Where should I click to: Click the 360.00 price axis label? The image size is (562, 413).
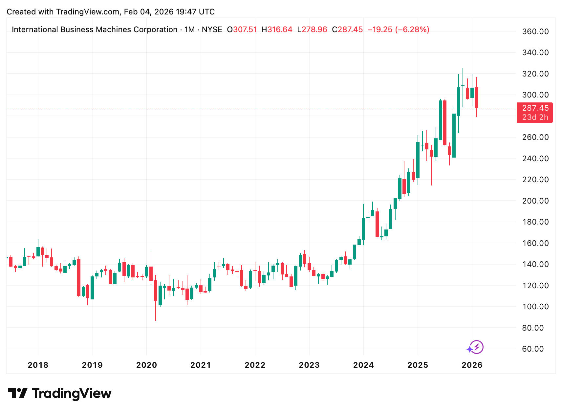point(535,32)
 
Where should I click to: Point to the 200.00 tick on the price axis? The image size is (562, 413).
point(535,201)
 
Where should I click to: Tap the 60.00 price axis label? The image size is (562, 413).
point(533,349)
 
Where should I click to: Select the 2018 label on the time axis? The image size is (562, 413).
point(38,365)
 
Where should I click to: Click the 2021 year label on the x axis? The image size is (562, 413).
point(201,365)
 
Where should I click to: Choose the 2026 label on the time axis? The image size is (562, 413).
point(472,365)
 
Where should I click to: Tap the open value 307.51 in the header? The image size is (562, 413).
point(245,30)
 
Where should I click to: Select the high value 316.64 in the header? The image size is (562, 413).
point(280,30)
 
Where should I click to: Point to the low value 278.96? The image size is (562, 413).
point(314,30)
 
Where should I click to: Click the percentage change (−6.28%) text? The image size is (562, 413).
point(412,30)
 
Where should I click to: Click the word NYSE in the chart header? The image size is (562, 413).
point(212,30)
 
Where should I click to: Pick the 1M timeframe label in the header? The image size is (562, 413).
point(189,30)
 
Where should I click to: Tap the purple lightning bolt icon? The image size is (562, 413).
point(476,347)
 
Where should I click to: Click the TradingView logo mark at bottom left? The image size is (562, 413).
point(17,393)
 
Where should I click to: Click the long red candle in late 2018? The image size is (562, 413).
point(79,277)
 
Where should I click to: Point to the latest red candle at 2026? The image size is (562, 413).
point(477,98)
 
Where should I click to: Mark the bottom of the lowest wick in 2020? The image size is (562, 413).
point(156,320)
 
